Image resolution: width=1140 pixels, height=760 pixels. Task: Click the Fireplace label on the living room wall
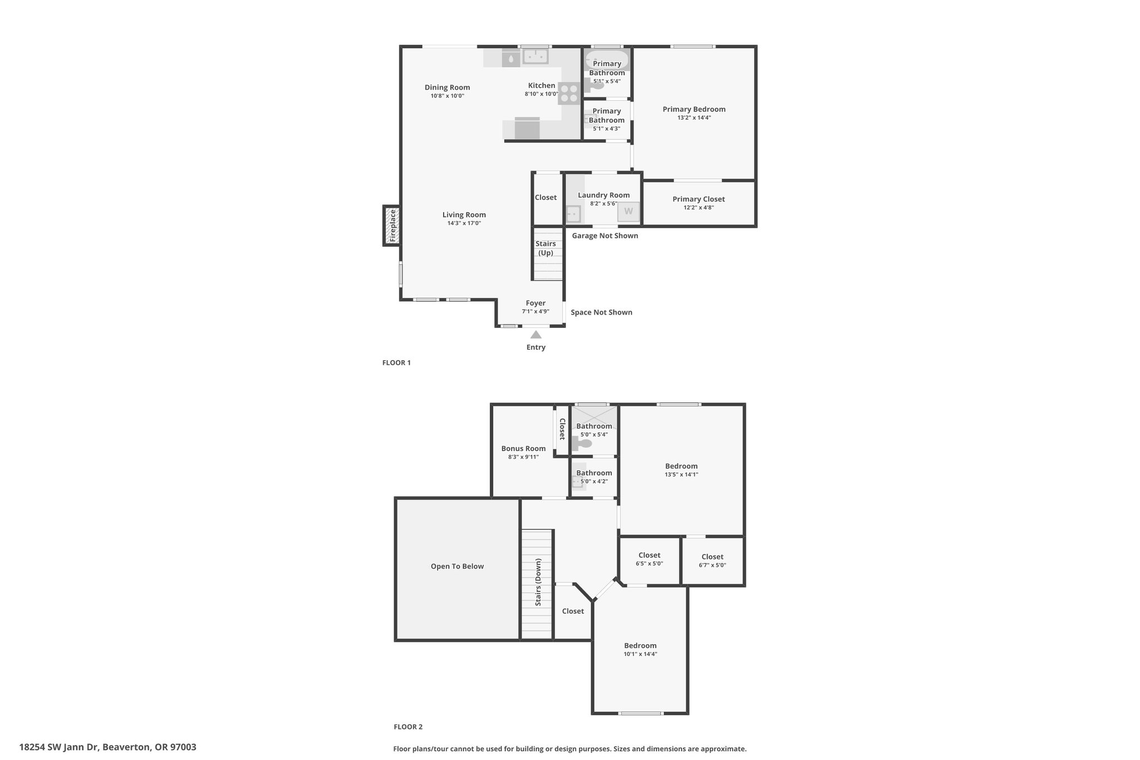coord(392,225)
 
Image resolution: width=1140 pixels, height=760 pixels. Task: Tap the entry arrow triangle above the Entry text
coord(535,335)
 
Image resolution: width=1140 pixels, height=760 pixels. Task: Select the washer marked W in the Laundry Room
coord(628,212)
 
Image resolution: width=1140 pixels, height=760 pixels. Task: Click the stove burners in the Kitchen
coord(569,94)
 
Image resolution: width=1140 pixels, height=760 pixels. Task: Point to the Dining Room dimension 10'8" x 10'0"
coord(447,96)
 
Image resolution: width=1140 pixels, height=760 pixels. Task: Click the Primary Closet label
coord(699,199)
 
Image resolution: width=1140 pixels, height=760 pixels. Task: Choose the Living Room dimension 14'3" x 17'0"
coord(464,223)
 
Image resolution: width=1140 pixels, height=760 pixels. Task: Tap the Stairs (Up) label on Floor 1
coord(546,248)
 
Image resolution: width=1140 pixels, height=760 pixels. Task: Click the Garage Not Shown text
coord(605,236)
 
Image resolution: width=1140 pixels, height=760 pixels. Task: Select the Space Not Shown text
coord(601,312)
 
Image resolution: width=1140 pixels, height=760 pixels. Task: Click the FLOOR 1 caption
coord(396,362)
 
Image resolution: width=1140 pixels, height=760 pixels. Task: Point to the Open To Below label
coord(457,566)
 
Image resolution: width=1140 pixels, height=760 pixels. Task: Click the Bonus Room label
coord(523,448)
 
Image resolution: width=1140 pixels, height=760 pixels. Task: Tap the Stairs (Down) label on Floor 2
coord(538,582)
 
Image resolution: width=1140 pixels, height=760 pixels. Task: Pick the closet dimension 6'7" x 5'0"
coord(712,565)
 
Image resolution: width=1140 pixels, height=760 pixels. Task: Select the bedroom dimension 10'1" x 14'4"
coord(640,654)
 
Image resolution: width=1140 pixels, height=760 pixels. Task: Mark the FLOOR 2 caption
coord(408,727)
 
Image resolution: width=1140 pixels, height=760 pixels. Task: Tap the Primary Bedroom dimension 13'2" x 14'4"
coord(694,117)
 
